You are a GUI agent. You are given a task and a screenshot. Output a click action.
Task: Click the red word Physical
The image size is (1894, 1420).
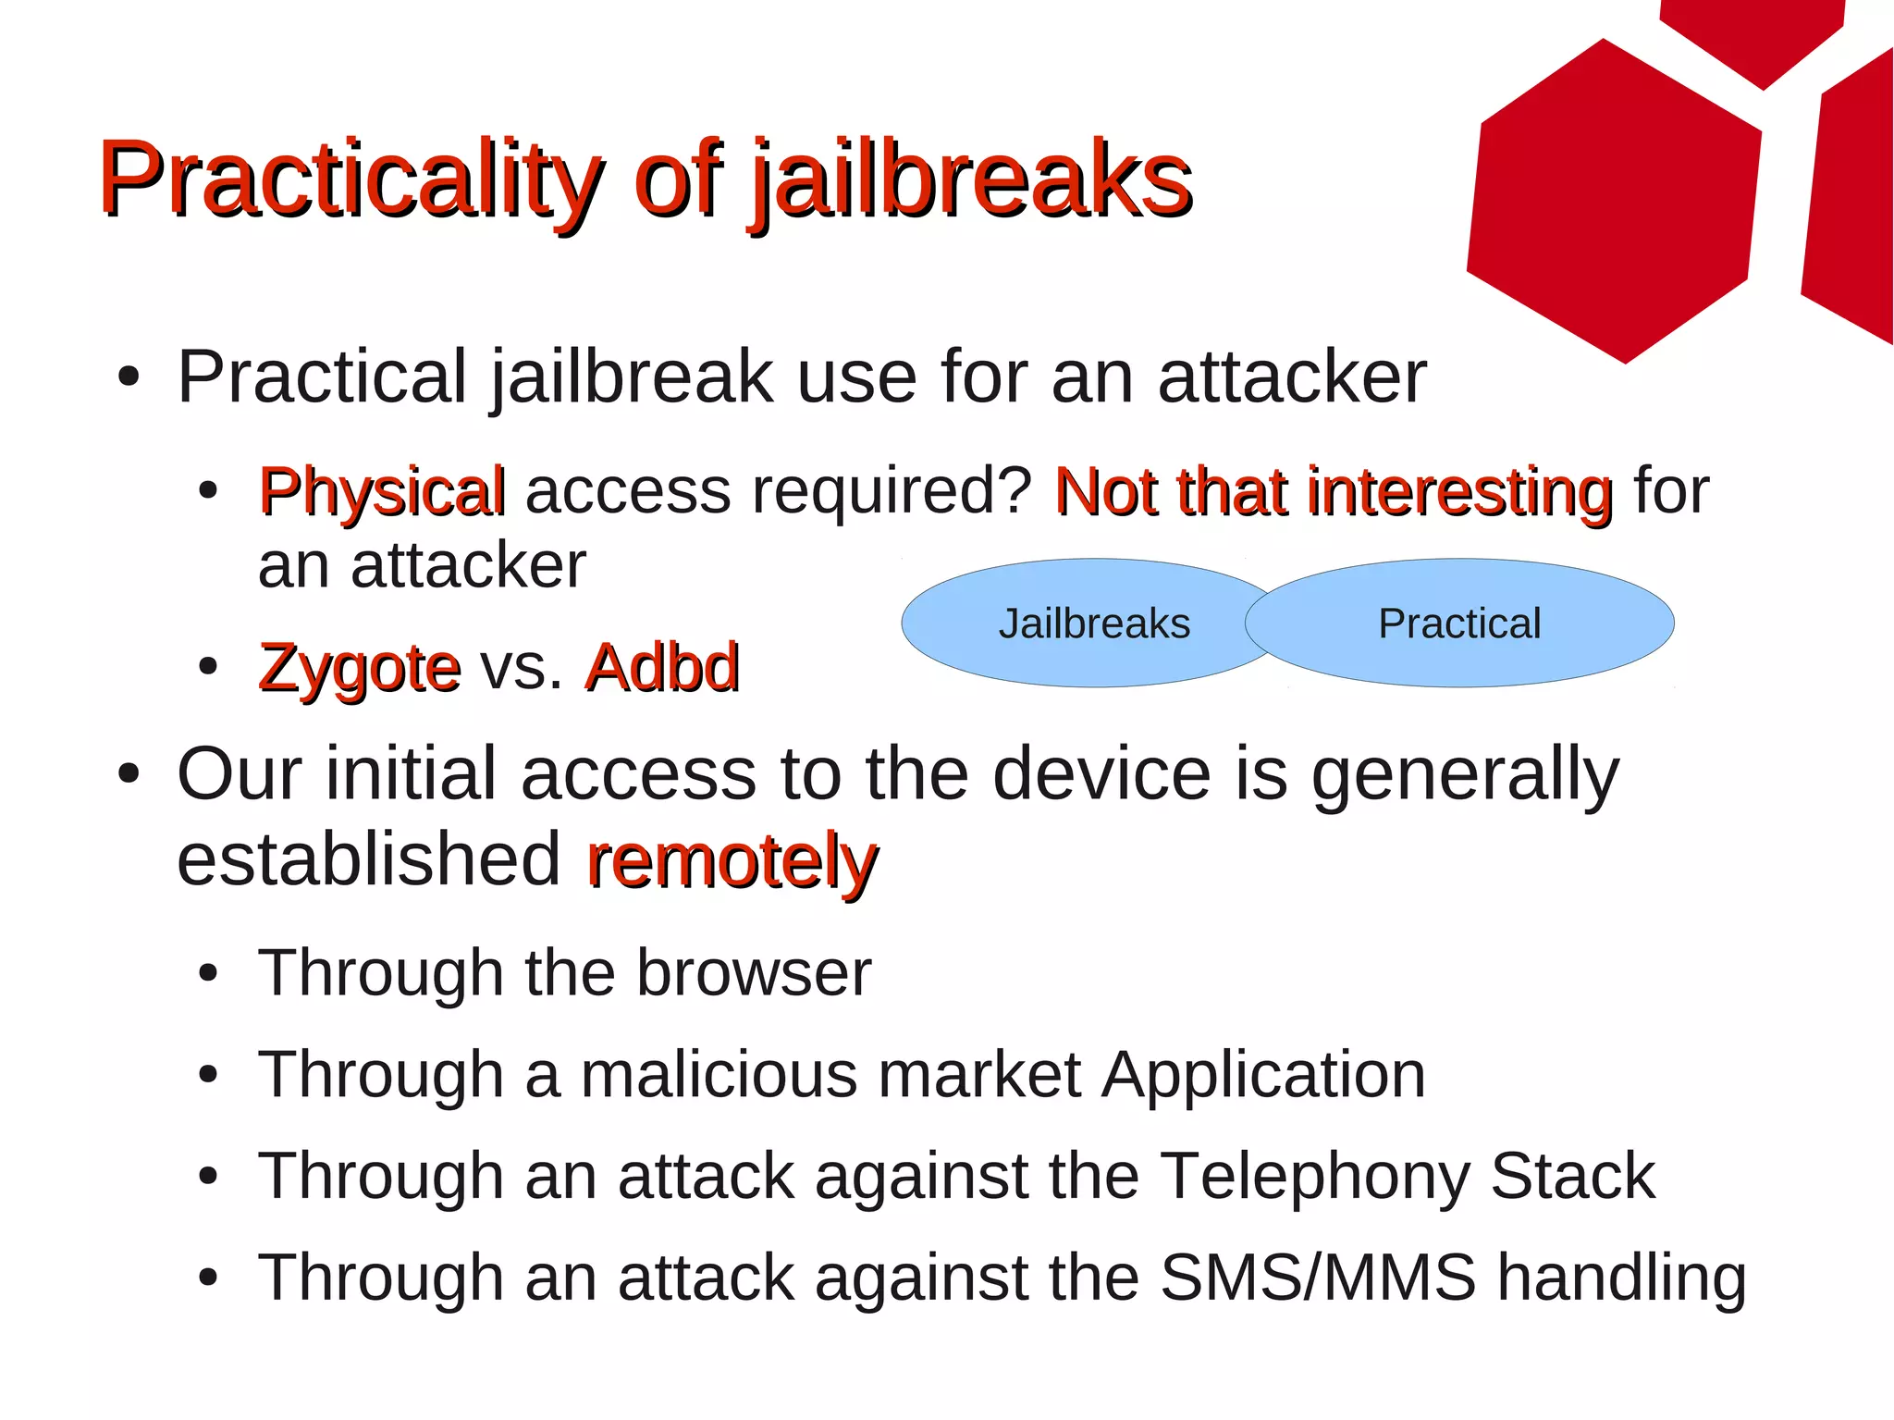[x=382, y=491]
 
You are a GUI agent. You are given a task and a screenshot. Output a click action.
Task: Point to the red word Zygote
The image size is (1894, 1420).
[x=359, y=668]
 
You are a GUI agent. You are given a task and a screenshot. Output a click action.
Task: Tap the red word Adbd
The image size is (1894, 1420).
[x=662, y=668]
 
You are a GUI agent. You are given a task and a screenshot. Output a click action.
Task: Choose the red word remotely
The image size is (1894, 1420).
[x=732, y=861]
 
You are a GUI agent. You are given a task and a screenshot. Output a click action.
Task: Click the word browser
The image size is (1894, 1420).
[x=753, y=973]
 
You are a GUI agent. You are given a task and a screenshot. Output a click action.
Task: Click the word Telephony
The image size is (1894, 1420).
[x=1314, y=1177]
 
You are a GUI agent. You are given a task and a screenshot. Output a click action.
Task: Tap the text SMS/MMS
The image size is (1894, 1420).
[x=1317, y=1278]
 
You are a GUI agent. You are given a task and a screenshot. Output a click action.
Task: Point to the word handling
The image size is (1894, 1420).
[x=1622, y=1278]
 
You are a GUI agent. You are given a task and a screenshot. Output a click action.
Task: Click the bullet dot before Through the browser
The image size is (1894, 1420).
[x=208, y=974]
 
